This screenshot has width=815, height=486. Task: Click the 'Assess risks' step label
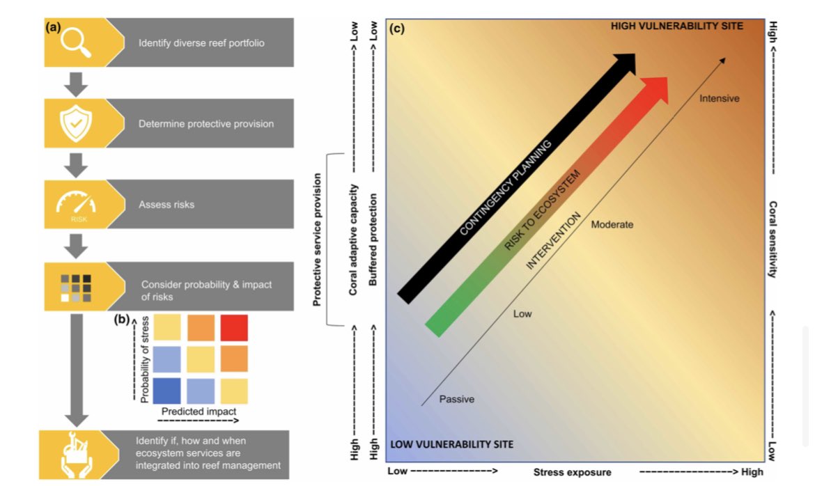pyautogui.click(x=166, y=205)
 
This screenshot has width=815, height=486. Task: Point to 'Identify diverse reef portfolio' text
pyautogui.click(x=201, y=43)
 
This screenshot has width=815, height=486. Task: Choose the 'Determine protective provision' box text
pyautogui.click(x=206, y=124)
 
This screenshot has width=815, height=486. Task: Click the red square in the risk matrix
pyautogui.click(x=233, y=327)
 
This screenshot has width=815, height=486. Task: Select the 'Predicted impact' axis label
pyautogui.click(x=200, y=411)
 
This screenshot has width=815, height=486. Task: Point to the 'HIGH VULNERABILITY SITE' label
pyautogui.click(x=677, y=26)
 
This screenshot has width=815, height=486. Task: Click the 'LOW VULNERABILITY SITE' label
pyautogui.click(x=451, y=444)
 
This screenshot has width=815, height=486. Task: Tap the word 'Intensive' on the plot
pyautogui.click(x=719, y=98)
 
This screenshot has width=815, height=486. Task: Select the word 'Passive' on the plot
pyautogui.click(x=456, y=399)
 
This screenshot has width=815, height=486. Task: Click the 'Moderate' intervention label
pyautogui.click(x=612, y=225)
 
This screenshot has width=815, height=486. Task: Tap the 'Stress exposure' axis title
pyautogui.click(x=572, y=472)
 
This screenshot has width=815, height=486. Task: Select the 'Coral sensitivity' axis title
pyautogui.click(x=772, y=240)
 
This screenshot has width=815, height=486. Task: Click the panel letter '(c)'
pyautogui.click(x=398, y=29)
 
